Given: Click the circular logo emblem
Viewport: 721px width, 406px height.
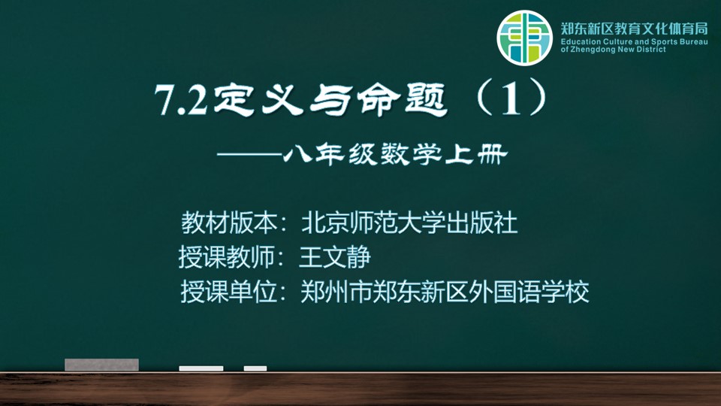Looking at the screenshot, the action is pos(524,38).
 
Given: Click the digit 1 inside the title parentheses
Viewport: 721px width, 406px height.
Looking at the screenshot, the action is pos(511,99).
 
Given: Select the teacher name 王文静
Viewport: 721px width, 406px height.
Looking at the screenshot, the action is pos(335,257).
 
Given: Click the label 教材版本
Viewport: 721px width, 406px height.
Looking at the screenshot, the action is pos(229,223).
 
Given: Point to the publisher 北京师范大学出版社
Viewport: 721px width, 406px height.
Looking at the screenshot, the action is pos(410,223).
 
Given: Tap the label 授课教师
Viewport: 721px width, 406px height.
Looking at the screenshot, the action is pos(227,257).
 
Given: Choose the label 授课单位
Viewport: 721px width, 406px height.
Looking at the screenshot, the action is pos(229,292).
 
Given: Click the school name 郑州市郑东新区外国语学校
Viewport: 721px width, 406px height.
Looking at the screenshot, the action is pos(445,292).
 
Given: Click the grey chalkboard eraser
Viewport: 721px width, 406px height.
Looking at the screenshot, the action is pos(101,365).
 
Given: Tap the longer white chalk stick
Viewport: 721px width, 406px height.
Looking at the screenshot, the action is pos(201,368).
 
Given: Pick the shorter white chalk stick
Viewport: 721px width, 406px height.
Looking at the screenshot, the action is pos(255,368).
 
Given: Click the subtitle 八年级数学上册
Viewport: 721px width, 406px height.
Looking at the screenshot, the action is pos(395,155).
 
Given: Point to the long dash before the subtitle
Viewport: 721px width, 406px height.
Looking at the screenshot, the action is pos(249,155).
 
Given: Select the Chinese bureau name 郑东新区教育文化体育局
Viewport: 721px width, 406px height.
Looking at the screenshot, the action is pos(634,29).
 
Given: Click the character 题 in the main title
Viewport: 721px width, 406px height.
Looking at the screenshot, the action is pos(426,99).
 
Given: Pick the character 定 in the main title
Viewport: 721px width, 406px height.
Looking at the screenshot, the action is pos(234,99).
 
